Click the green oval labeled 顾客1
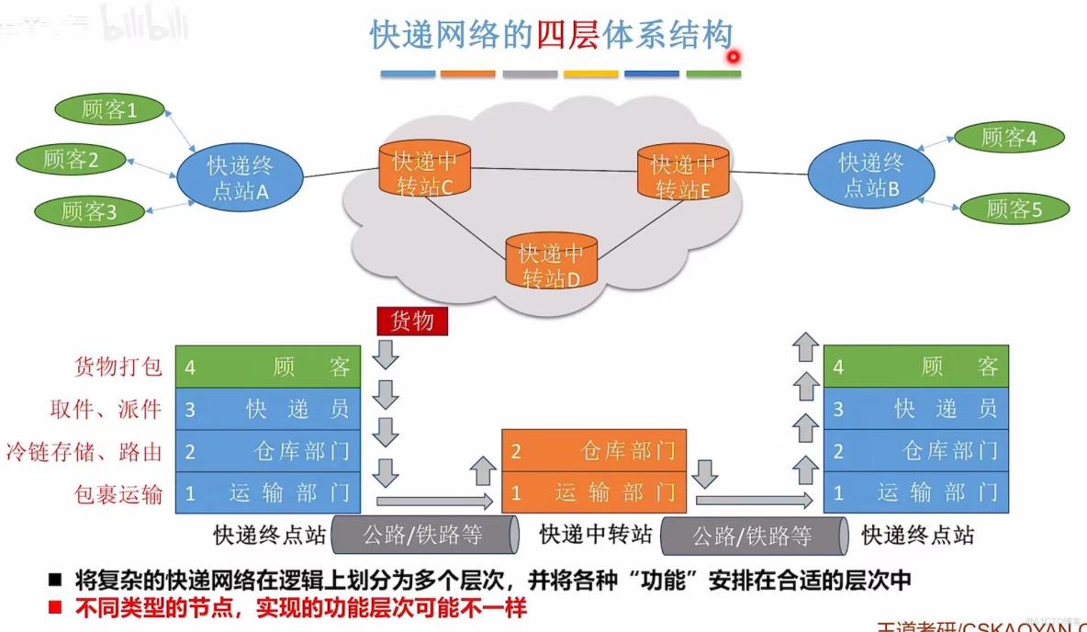coord(109,110)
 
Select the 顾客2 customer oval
coord(71,159)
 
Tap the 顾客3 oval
coord(90,211)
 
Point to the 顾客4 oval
coord(1009,138)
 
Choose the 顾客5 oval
coord(1014,209)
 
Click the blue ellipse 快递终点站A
coord(240,177)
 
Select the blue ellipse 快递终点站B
coord(870,175)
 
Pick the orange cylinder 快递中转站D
coord(551,263)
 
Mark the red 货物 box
coord(412,321)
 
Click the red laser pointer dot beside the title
coord(734,57)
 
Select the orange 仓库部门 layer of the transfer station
coord(593,450)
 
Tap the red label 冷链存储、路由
coord(84,451)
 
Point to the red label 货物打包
coord(118,367)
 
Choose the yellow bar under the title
coord(591,73)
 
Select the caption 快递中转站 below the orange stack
coord(596,534)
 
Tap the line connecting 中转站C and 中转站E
coord(555,170)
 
